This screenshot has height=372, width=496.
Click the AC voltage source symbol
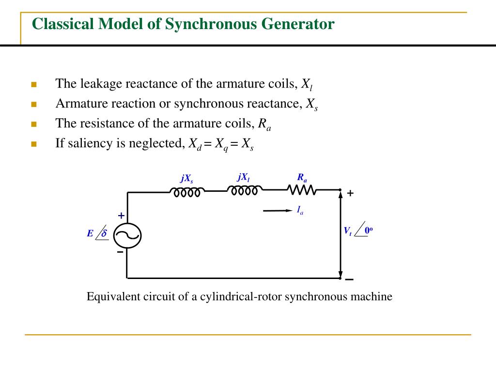pos(127,235)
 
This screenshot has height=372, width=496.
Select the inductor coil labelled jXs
pos(187,192)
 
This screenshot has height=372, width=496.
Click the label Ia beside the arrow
pos(300,210)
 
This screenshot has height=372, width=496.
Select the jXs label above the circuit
pos(187,178)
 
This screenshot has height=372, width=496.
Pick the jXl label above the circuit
pos(244,177)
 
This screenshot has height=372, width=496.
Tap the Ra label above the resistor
pos(302,177)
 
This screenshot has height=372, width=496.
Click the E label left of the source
pos(90,233)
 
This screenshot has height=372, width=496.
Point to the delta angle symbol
pos(103,233)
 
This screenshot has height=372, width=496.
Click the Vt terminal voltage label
pos(347,231)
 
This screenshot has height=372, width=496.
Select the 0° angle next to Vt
pos(369,231)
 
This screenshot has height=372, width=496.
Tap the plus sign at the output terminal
pos(350,193)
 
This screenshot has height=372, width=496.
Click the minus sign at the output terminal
pos(349,279)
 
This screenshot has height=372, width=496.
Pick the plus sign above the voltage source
pos(121,216)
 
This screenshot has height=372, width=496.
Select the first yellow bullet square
pos(34,85)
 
